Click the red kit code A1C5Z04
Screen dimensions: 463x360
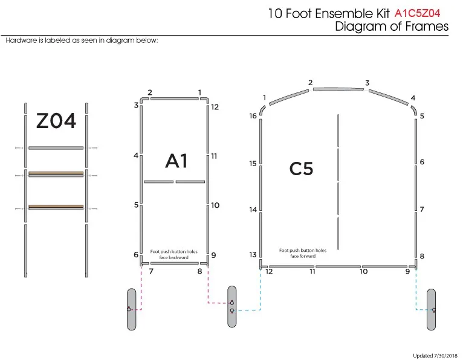[x=417, y=13]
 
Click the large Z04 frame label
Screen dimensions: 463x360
[x=56, y=121]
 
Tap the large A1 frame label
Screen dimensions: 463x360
[x=176, y=161]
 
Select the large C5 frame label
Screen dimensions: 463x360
[x=301, y=169]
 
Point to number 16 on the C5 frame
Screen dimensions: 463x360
[x=253, y=116]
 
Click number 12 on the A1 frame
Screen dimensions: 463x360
[x=215, y=107]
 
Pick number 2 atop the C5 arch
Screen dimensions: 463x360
[x=310, y=83]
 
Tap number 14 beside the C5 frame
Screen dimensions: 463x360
[x=253, y=210]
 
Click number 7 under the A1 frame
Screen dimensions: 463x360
[x=151, y=271]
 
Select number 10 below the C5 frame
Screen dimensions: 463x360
[x=363, y=271]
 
